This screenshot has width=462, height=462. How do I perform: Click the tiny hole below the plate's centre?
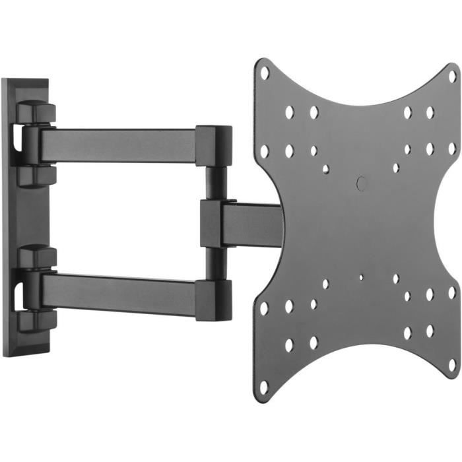(360, 277)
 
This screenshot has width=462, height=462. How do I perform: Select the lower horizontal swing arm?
(119, 292)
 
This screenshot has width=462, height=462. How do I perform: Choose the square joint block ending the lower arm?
(214, 299)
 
